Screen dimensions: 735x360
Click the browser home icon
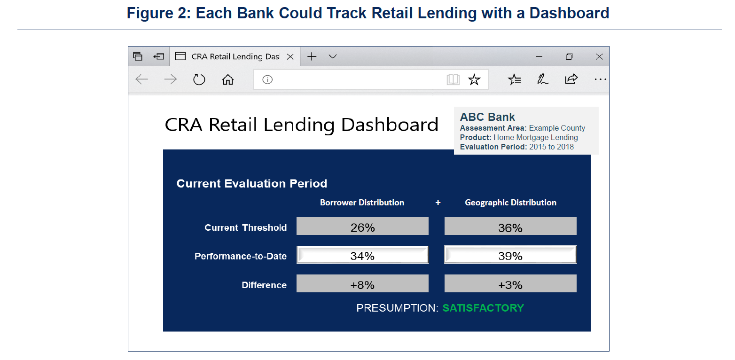pyautogui.click(x=228, y=79)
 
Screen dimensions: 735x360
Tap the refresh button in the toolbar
pyautogui.click(x=199, y=79)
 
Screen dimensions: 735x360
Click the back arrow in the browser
pyautogui.click(x=142, y=79)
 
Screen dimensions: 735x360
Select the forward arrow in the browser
pyautogui.click(x=170, y=79)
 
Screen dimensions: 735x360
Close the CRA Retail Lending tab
pyautogui.click(x=290, y=57)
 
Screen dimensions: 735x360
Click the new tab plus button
pyautogui.click(x=312, y=56)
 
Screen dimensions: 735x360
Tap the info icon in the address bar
pyautogui.click(x=267, y=79)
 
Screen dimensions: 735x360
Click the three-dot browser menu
pyautogui.click(x=600, y=79)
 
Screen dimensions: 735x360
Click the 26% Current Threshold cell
pyautogui.click(x=362, y=226)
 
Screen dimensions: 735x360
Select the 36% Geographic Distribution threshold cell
pyautogui.click(x=510, y=226)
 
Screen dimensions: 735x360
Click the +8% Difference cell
pyautogui.click(x=362, y=283)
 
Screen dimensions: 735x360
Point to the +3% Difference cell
pyautogui.click(x=510, y=283)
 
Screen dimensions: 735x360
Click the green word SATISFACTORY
pyautogui.click(x=483, y=308)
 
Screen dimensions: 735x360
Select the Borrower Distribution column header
pyautogui.click(x=362, y=203)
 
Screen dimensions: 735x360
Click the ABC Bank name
pyautogui.click(x=487, y=117)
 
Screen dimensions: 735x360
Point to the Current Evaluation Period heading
pyautogui.click(x=252, y=183)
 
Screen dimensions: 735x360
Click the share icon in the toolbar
pyautogui.click(x=571, y=79)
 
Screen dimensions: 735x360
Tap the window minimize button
pyautogui.click(x=539, y=57)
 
